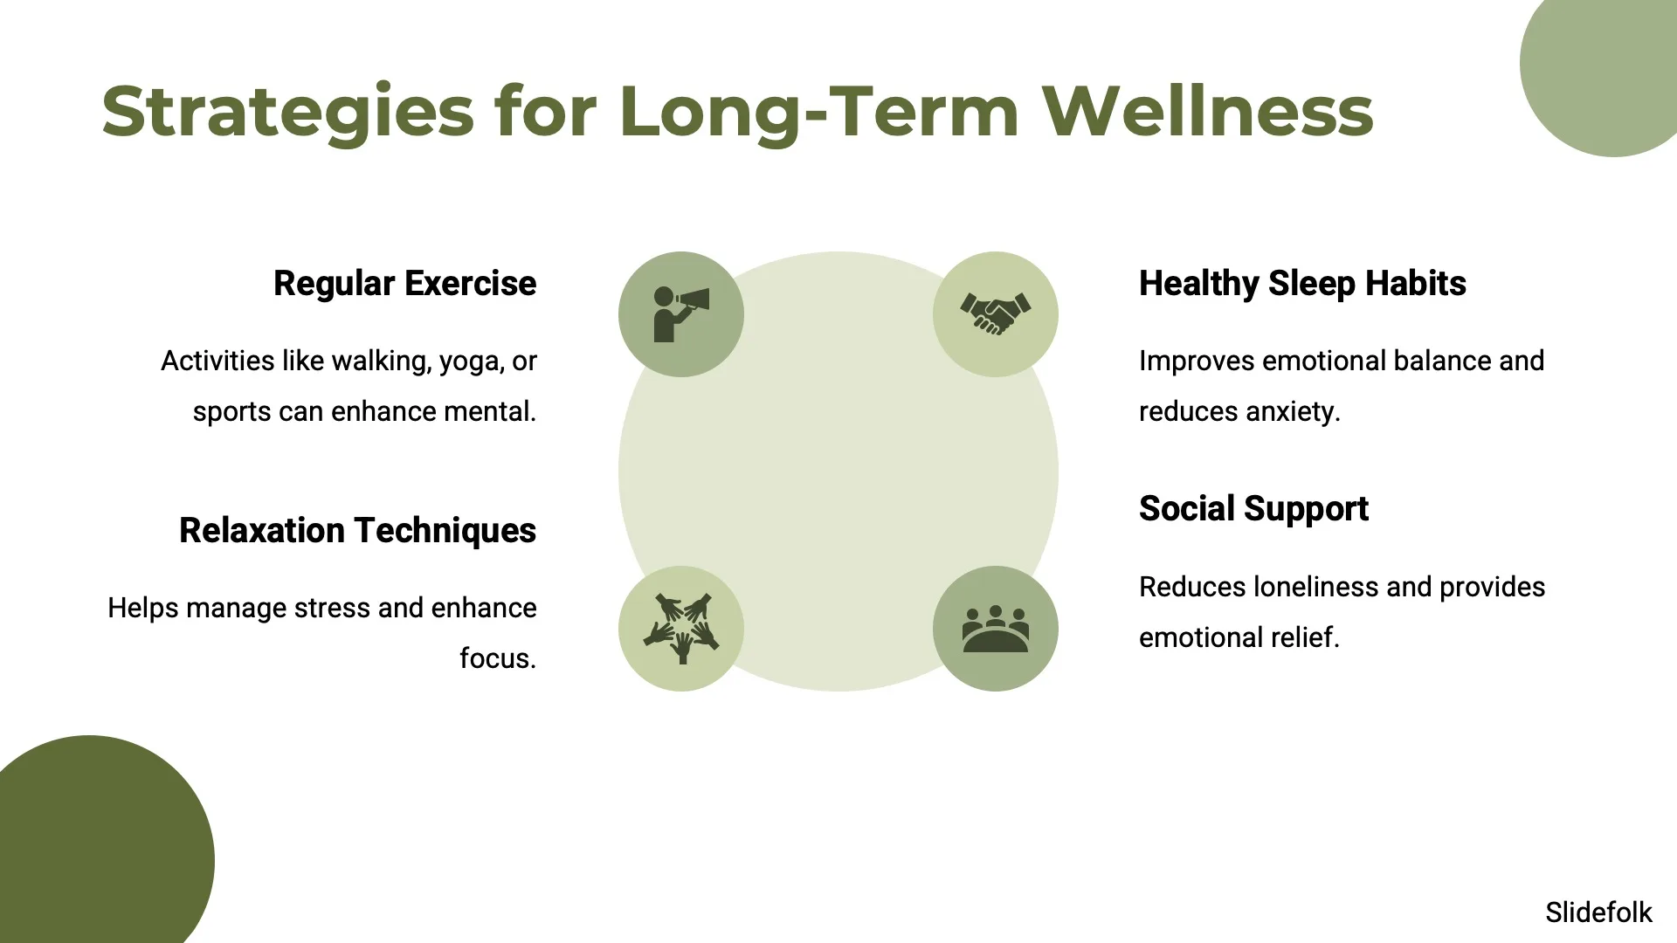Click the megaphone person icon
point(681,314)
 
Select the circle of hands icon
point(681,629)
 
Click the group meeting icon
point(996,629)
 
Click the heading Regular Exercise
point(405,284)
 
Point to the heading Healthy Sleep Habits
point(1302,284)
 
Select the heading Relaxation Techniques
point(358,531)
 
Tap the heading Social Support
point(1253,509)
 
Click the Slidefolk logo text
point(1598,912)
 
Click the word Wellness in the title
point(1208,111)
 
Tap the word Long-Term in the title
point(819,111)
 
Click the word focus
point(498,658)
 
